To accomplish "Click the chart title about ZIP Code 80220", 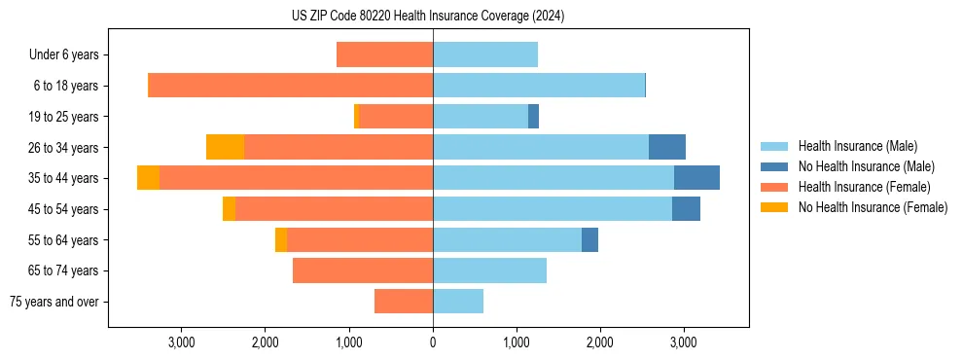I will (428, 17).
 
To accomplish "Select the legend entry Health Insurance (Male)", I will (856, 146).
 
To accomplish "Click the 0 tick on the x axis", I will (433, 342).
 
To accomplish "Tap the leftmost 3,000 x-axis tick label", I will (182, 342).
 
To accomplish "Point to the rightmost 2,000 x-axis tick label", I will (599, 342).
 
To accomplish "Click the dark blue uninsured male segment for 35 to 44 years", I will (696, 178).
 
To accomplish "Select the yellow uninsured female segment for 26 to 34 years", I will (225, 147).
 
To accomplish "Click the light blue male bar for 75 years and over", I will (458, 302).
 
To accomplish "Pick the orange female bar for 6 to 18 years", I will (290, 86).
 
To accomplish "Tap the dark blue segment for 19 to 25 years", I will (533, 117).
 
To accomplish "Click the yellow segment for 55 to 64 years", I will (281, 239).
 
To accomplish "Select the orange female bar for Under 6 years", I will (384, 54).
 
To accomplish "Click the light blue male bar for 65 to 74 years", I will (489, 270).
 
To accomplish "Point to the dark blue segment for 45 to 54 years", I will (686, 209).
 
